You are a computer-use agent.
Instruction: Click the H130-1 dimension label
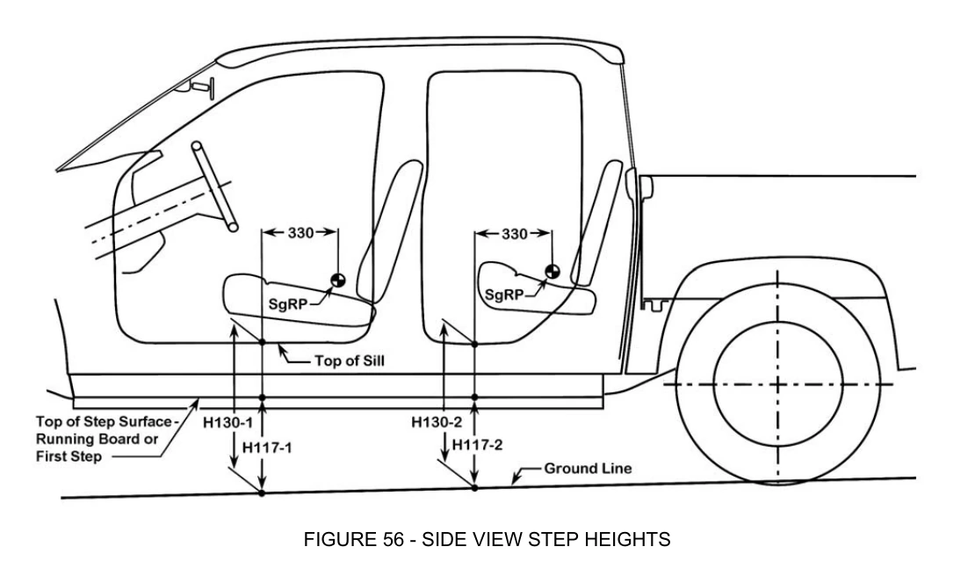[x=227, y=423]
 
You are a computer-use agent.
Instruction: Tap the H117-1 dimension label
[x=267, y=448]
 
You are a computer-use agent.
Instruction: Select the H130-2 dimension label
[x=437, y=422]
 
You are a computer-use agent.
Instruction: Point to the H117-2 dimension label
[x=477, y=445]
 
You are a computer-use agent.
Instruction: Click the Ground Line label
[x=588, y=468]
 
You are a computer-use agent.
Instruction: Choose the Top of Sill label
[x=350, y=361]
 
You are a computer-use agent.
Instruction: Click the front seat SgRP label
[x=288, y=304]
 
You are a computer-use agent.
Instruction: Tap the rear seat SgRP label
[x=503, y=295]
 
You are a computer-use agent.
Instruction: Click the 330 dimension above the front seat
[x=300, y=233]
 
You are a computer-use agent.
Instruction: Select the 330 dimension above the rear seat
[x=514, y=234]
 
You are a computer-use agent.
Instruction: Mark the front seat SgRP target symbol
[x=337, y=281]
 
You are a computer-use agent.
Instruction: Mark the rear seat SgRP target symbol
[x=552, y=272]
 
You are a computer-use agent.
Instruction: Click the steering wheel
[x=214, y=186]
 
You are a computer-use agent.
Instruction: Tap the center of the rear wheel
[x=778, y=385]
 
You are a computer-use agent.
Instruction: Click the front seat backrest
[x=389, y=231]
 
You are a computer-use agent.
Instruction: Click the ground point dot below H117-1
[x=262, y=493]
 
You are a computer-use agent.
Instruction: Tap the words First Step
[x=69, y=456]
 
